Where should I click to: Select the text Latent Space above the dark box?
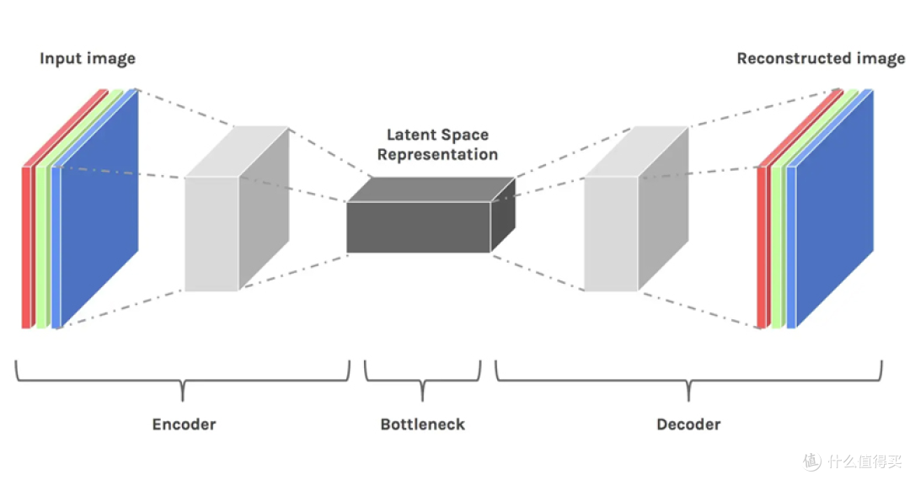(437, 135)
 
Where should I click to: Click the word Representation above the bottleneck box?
(437, 155)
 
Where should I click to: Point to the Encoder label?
(184, 424)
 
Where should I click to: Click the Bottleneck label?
(422, 424)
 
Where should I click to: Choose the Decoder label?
(688, 424)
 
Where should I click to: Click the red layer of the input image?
(26, 248)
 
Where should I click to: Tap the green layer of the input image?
(41, 248)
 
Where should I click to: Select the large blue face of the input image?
(99, 209)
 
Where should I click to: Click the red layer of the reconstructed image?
(762, 248)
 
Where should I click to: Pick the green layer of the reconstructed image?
(777, 248)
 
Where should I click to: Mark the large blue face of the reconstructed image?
(834, 209)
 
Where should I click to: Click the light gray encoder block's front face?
(211, 233)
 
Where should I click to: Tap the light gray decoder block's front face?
(611, 233)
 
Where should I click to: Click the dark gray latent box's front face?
(419, 227)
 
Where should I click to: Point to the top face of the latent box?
(431, 189)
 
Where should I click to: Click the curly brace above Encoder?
(183, 381)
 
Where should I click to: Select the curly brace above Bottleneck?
(422, 381)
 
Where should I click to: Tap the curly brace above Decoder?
(688, 381)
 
